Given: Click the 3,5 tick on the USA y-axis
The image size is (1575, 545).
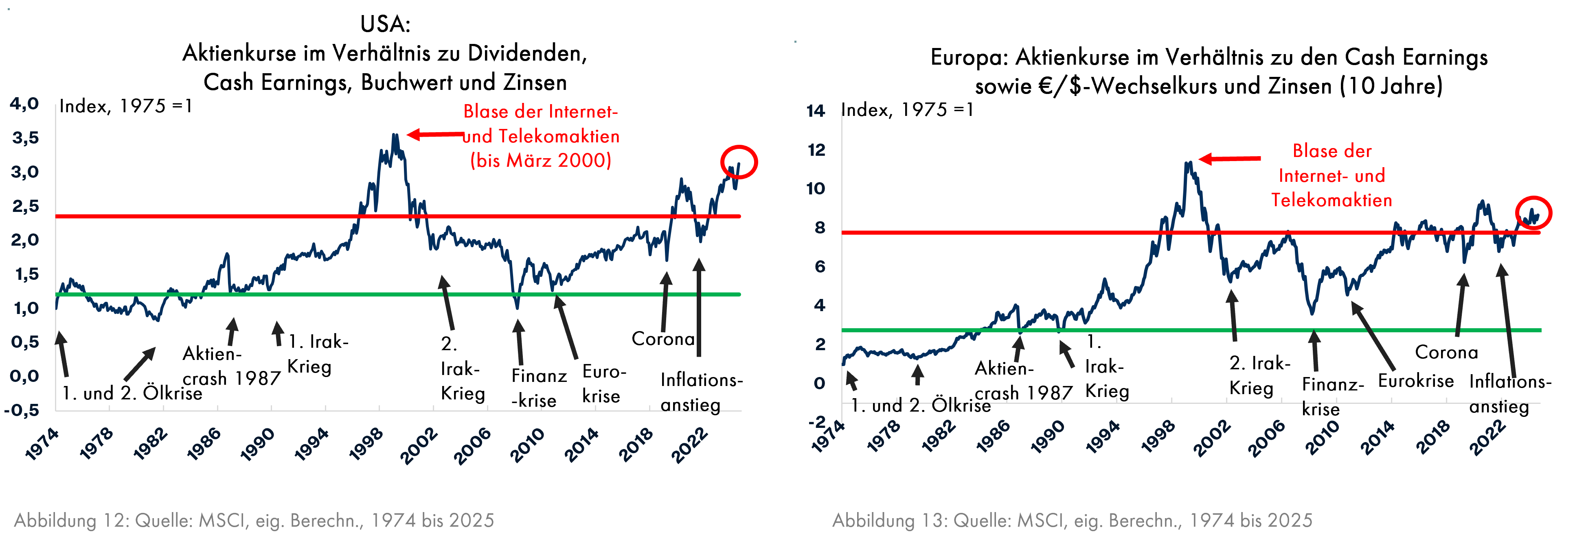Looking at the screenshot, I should (25, 137).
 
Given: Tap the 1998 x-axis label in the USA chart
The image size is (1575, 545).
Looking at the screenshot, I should (366, 443).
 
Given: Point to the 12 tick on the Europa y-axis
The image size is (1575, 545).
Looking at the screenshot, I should (816, 150).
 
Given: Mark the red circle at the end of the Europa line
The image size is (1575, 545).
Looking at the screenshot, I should (1533, 213).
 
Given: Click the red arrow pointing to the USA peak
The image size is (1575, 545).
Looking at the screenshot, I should (435, 134).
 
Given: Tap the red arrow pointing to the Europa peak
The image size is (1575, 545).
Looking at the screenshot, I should (1229, 159).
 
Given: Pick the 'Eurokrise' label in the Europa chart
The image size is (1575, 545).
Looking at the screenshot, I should (1415, 381).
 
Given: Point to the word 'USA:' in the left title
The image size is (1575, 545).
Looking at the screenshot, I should (385, 24).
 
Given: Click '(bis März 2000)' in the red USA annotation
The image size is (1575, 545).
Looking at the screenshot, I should (540, 160).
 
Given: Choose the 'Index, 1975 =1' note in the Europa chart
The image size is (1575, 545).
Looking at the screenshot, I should (907, 110).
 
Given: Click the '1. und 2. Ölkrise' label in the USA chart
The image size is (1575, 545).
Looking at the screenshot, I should (132, 393).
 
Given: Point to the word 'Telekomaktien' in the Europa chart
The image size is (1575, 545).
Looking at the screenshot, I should (1332, 200).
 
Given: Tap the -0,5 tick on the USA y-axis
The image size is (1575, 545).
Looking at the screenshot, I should (22, 410).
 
